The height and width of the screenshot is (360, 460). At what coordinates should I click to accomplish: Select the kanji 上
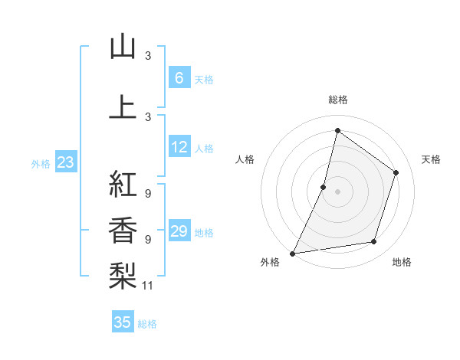(123, 107)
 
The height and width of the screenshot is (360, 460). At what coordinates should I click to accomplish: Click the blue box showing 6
(179, 78)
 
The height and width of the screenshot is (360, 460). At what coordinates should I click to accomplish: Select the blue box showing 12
(179, 147)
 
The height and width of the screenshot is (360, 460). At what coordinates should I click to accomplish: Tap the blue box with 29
(179, 231)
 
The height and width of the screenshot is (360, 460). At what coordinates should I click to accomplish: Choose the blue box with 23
(65, 162)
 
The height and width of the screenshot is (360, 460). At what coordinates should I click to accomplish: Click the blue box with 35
(123, 322)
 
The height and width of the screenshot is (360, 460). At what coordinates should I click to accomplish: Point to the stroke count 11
(148, 286)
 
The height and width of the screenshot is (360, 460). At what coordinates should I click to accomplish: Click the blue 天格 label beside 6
(204, 80)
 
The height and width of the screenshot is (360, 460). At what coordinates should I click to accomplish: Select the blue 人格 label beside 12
(204, 149)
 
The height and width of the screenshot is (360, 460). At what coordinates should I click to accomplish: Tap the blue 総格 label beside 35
(147, 324)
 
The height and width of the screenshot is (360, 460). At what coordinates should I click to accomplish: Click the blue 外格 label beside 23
(41, 164)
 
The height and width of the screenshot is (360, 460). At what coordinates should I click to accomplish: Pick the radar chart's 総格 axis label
(337, 100)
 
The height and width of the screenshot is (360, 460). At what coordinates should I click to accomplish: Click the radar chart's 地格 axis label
(402, 263)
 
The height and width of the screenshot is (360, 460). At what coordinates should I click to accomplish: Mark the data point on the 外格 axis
(293, 253)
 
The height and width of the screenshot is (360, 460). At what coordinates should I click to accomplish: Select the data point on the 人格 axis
(324, 187)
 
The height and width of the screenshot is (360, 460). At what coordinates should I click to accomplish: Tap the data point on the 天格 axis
(396, 172)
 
